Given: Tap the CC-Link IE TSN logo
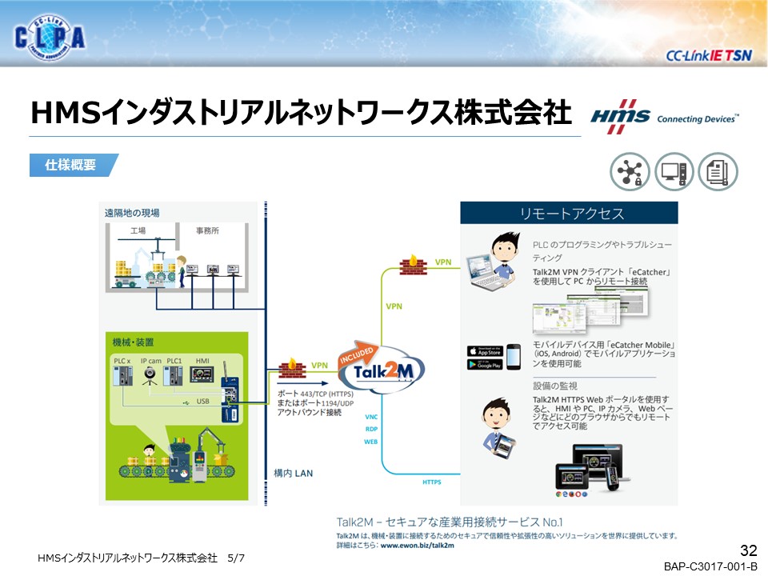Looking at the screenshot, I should pos(707,55).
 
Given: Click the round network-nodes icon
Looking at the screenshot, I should pos(630,172).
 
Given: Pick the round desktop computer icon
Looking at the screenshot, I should pos(674,172).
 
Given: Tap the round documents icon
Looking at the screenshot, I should pos(718,172).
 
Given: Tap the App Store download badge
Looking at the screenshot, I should pos(485,350).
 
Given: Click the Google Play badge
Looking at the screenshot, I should pos(485,364).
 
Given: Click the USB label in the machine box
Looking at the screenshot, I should pos(202,402).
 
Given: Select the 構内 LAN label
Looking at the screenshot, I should pos(293,473).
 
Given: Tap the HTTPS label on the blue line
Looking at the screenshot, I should pos(432,482).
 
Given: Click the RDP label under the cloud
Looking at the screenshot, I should pos(370,430).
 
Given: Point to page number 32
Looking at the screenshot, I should pos(749,550).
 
